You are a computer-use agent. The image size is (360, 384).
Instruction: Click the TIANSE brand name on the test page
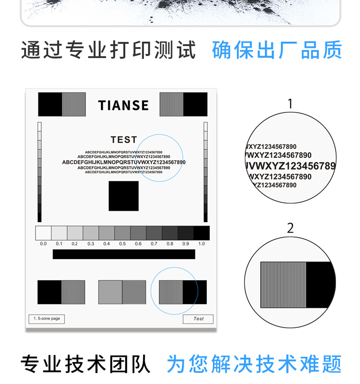(123, 105)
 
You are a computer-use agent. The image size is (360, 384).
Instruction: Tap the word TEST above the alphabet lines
(124, 140)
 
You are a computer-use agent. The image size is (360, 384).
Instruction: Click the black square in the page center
(124, 196)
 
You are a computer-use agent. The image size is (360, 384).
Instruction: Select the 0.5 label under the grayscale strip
(122, 244)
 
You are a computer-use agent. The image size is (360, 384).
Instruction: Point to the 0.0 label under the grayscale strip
(43, 244)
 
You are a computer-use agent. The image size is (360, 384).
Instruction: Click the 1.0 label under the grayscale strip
(202, 244)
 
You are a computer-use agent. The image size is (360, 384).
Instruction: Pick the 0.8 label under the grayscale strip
(170, 244)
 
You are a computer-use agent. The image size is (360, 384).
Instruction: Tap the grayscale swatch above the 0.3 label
(91, 233)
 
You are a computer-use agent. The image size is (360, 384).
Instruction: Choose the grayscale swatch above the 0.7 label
(154, 233)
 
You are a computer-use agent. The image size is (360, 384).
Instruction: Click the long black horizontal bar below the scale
(124, 254)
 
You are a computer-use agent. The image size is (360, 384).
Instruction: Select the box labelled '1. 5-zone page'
(47, 319)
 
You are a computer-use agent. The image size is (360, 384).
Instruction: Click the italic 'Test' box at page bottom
(198, 319)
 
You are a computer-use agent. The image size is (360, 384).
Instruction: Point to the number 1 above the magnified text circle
(290, 104)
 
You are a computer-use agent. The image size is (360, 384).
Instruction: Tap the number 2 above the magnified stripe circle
(290, 228)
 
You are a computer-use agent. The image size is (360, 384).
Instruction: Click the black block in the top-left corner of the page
(50, 104)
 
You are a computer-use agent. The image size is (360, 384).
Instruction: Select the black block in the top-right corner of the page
(195, 104)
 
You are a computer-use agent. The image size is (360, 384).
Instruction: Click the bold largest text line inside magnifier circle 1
(290, 166)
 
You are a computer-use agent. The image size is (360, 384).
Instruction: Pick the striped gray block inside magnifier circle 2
(283, 285)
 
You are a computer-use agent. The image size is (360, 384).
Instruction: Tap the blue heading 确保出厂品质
(277, 50)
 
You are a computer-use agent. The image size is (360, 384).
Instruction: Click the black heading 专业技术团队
(85, 364)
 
